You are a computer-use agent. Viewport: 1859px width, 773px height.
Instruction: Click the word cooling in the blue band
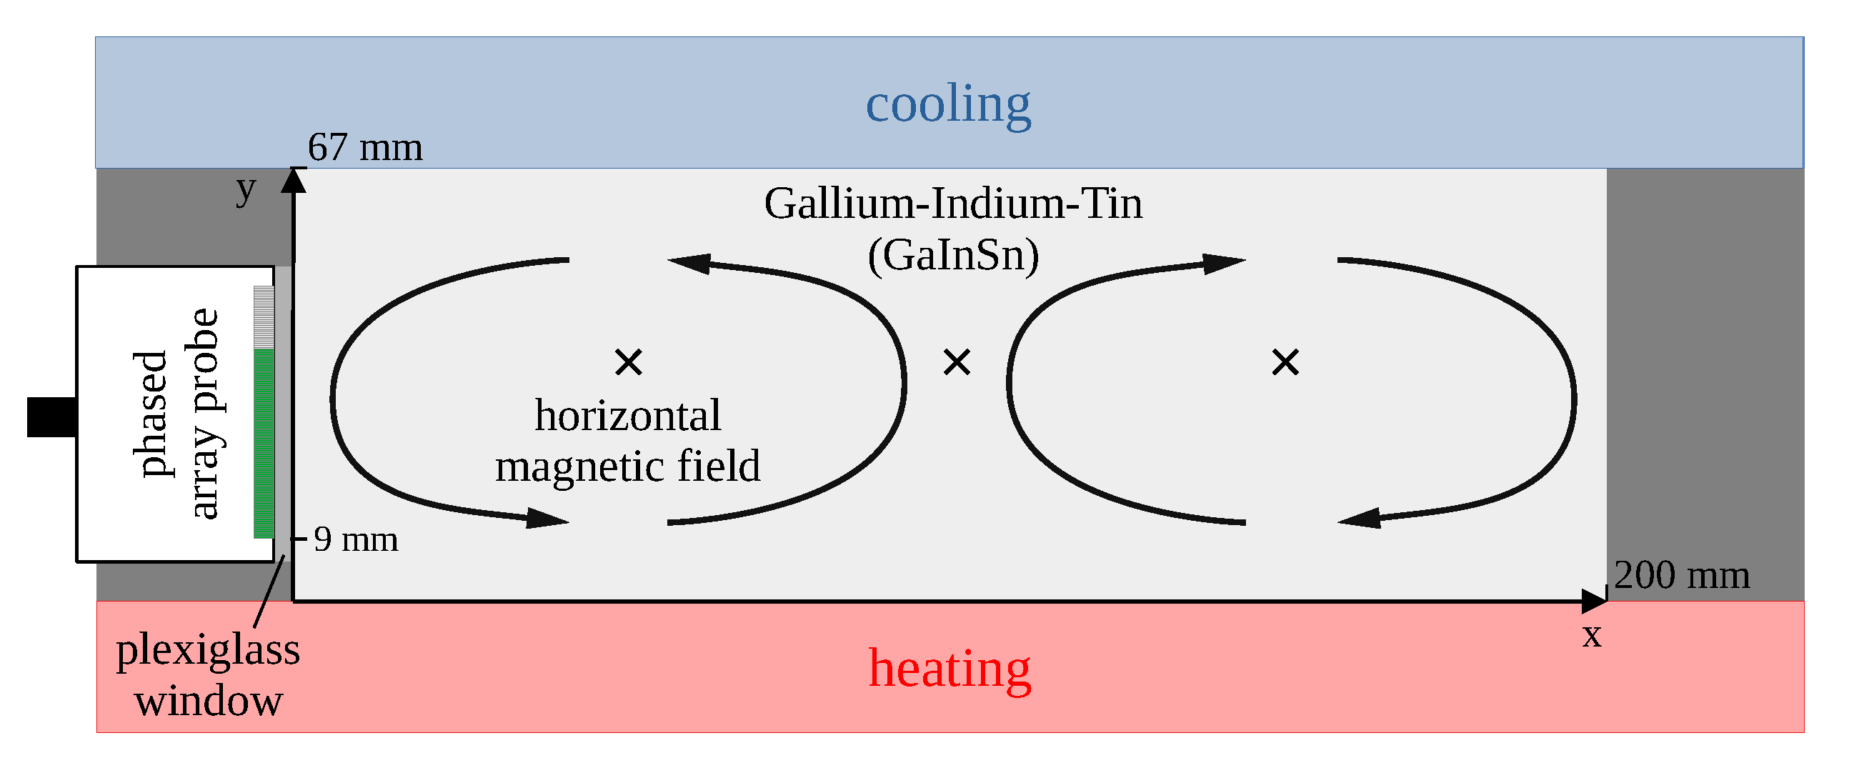(x=947, y=104)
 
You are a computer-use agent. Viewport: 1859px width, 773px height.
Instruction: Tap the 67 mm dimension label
(x=364, y=147)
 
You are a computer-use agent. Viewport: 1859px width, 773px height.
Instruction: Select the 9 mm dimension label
(x=355, y=539)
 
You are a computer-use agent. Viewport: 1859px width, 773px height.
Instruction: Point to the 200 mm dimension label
(x=1681, y=575)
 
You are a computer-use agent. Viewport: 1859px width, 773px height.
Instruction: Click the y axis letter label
(x=246, y=189)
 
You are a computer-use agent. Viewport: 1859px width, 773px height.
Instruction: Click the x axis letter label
(x=1592, y=634)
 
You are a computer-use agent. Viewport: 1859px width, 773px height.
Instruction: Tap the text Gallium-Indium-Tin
(x=952, y=204)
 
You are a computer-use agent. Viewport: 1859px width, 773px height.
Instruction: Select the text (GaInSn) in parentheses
(x=952, y=255)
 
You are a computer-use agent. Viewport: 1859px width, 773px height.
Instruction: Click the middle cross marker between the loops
(x=957, y=361)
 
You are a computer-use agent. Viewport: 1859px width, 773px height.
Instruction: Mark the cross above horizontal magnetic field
(x=629, y=361)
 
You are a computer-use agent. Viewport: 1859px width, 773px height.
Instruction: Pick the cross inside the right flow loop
(x=1285, y=361)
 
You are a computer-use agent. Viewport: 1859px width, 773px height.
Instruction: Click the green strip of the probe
(x=264, y=444)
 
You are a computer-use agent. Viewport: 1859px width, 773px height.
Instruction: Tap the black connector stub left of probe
(x=51, y=417)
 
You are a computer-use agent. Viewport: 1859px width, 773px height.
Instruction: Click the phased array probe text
(x=176, y=414)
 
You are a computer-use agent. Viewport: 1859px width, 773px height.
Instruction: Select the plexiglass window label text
(x=208, y=675)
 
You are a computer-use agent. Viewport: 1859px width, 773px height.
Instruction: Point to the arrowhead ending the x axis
(x=1593, y=601)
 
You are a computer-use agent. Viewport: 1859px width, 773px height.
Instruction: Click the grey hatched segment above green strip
(x=264, y=318)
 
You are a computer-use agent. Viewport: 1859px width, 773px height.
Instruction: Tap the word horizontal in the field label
(x=627, y=416)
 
